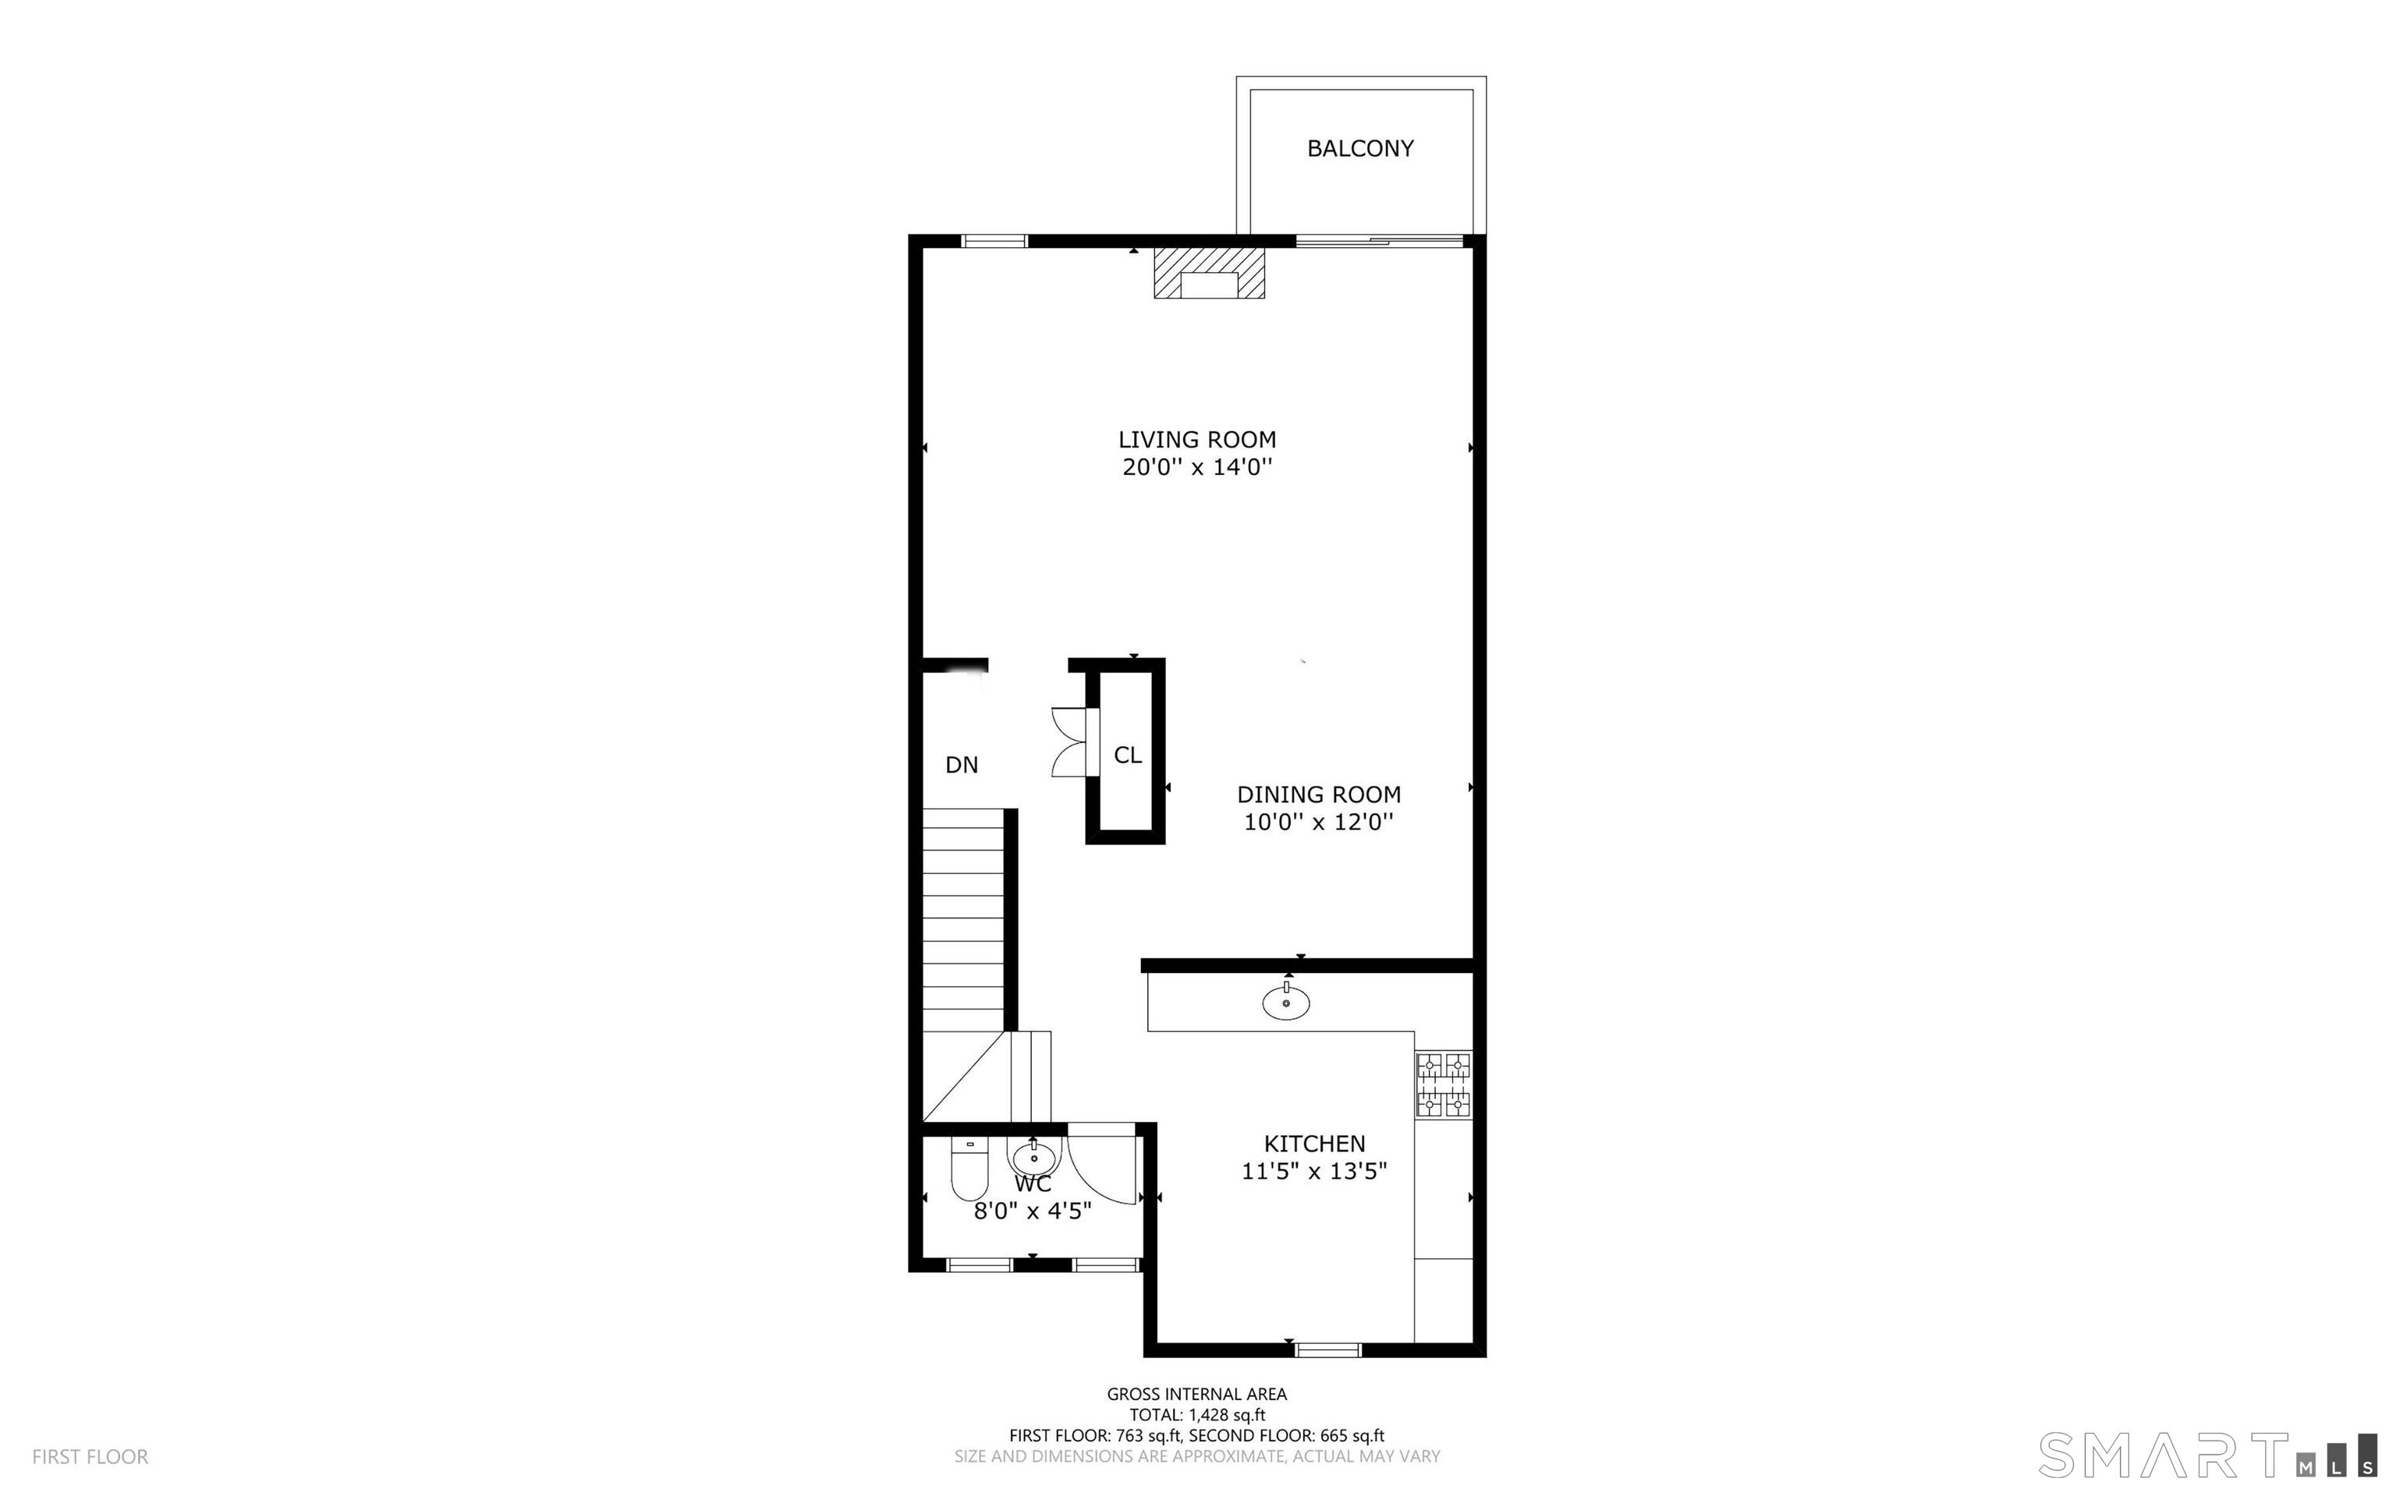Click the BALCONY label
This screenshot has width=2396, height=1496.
(x=1359, y=148)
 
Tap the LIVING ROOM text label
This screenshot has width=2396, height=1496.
(x=1196, y=440)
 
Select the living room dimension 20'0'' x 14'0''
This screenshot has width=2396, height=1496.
(x=1196, y=467)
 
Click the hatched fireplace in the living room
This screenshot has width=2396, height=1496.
(x=1208, y=273)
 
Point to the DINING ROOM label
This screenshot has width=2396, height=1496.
(x=1318, y=794)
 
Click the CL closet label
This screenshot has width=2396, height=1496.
(x=1127, y=755)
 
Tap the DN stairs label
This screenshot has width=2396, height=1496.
(x=961, y=765)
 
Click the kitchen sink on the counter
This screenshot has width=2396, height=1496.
(x=1285, y=1003)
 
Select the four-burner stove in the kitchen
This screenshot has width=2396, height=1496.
(x=1444, y=1085)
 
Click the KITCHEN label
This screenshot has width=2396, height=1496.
(x=1314, y=1144)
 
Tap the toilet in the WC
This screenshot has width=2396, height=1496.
(x=969, y=1169)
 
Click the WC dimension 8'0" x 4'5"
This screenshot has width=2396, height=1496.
(x=1032, y=1211)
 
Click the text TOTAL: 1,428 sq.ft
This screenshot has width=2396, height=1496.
(x=1196, y=1415)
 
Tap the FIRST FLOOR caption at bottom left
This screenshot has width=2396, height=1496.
(x=90, y=1456)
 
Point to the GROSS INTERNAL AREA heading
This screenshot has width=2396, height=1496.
(x=1196, y=1394)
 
